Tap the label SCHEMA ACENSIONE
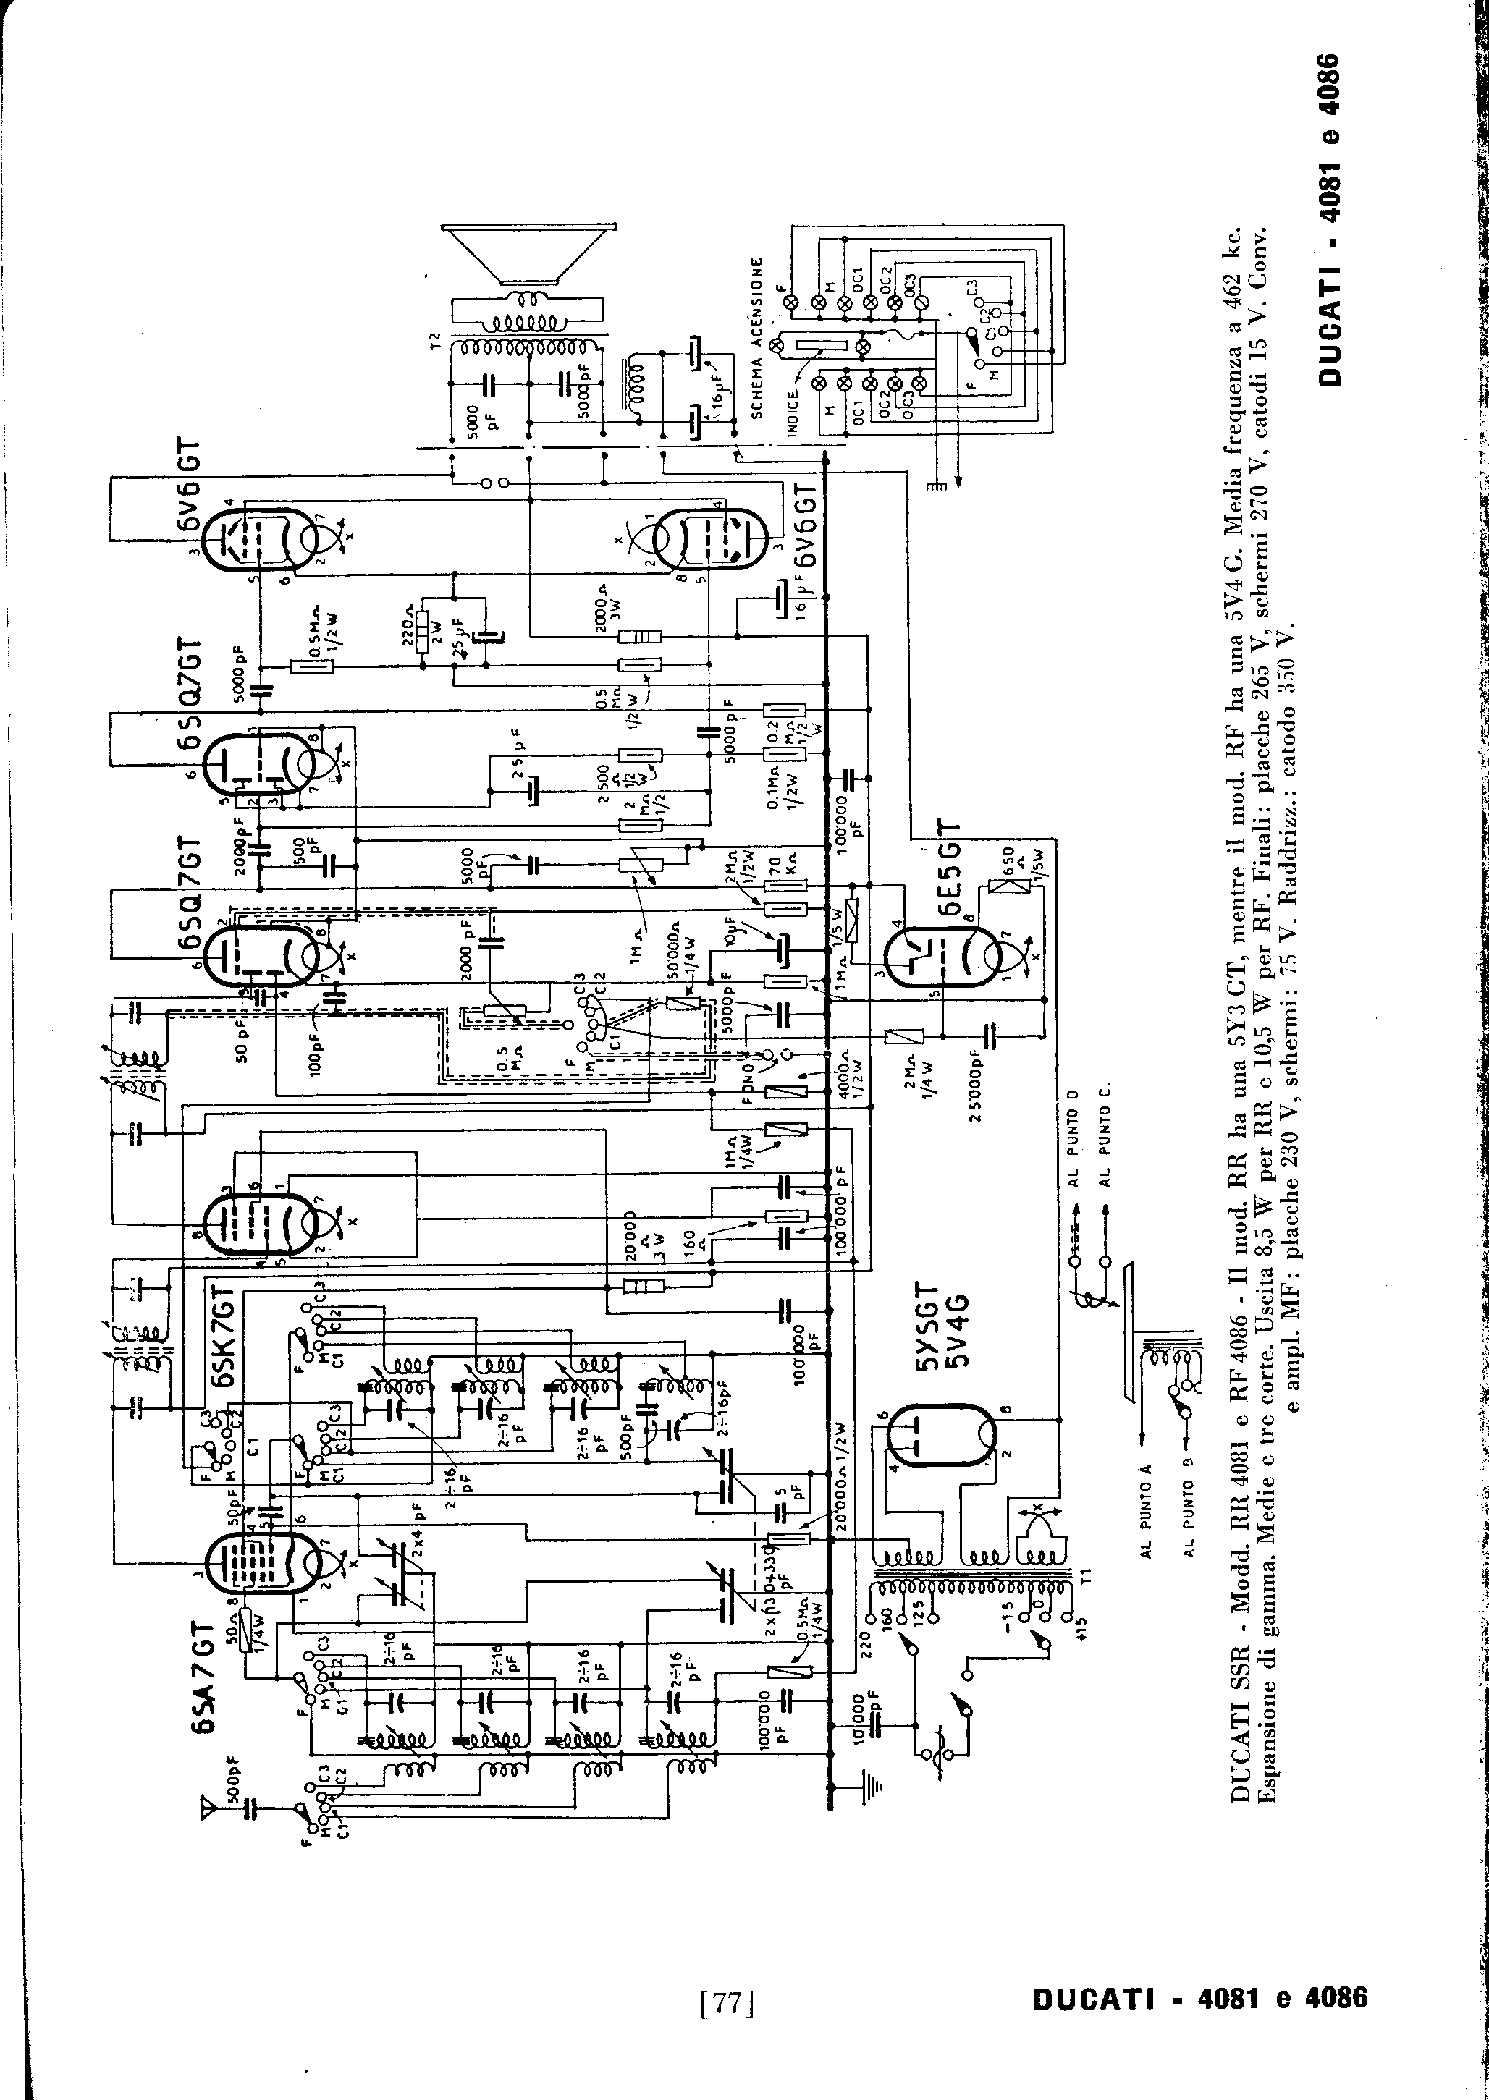[757, 336]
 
